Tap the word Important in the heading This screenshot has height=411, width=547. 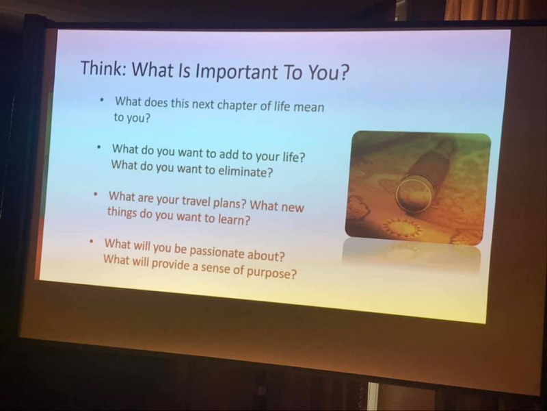coord(237,71)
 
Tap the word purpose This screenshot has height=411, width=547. coord(271,272)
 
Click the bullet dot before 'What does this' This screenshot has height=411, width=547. coord(102,100)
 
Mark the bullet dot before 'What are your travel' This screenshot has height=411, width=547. coord(95,194)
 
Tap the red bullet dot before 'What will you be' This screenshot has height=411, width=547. coord(92,241)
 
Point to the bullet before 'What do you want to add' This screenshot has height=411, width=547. coord(99,147)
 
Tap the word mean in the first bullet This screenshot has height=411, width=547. coord(309,108)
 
